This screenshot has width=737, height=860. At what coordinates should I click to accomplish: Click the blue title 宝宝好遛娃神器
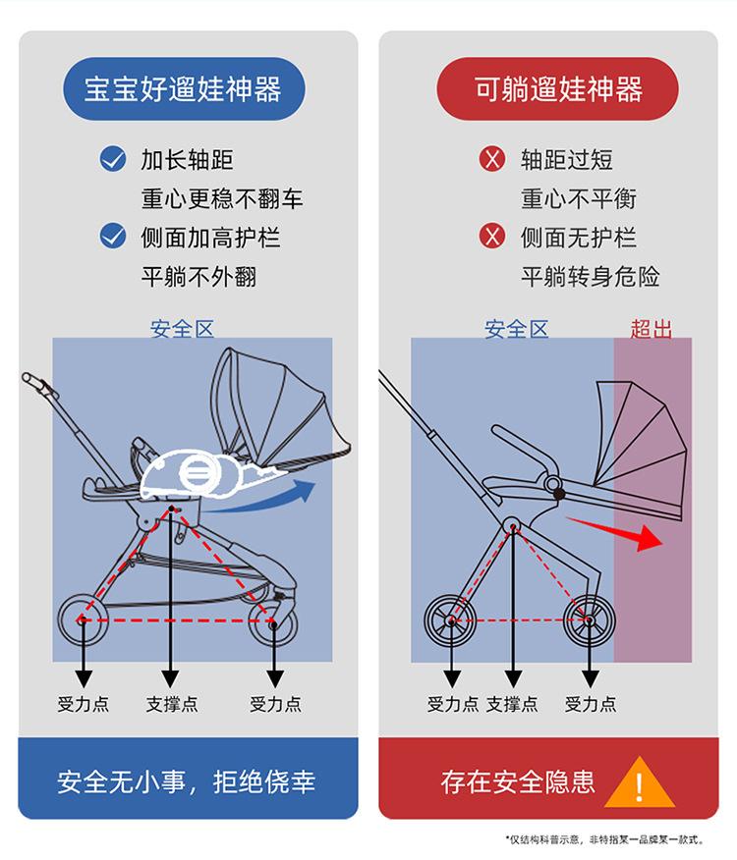[x=183, y=89]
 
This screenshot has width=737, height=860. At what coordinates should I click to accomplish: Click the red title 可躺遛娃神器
[x=557, y=89]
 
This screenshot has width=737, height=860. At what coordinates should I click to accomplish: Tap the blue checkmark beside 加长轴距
[x=114, y=159]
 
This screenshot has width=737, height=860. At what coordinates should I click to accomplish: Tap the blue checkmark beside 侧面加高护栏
[x=114, y=237]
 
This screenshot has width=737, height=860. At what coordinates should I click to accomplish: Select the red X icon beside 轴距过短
[x=491, y=159]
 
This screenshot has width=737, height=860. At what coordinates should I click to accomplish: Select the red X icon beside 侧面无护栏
[x=491, y=237]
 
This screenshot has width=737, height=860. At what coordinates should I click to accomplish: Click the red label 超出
[x=651, y=329]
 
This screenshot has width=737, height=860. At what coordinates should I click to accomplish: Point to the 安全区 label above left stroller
[x=182, y=329]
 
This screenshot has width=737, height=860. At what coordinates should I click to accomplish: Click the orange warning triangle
[x=639, y=783]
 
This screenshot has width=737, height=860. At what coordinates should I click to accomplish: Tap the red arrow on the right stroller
[x=619, y=530]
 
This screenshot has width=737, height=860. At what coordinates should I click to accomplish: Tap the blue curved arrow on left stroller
[x=275, y=496]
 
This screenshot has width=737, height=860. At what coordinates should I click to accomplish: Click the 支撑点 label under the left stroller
[x=171, y=704]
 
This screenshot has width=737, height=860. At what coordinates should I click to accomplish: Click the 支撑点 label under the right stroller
[x=512, y=704]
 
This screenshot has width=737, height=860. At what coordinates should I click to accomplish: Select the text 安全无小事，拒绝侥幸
[x=187, y=782]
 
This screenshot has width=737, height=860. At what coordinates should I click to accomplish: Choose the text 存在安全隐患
[x=518, y=782]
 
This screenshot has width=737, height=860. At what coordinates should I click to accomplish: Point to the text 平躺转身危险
[x=590, y=277]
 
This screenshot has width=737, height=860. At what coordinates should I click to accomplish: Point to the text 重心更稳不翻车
[x=222, y=198]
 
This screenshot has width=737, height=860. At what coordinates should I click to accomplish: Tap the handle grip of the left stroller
[x=33, y=380]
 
